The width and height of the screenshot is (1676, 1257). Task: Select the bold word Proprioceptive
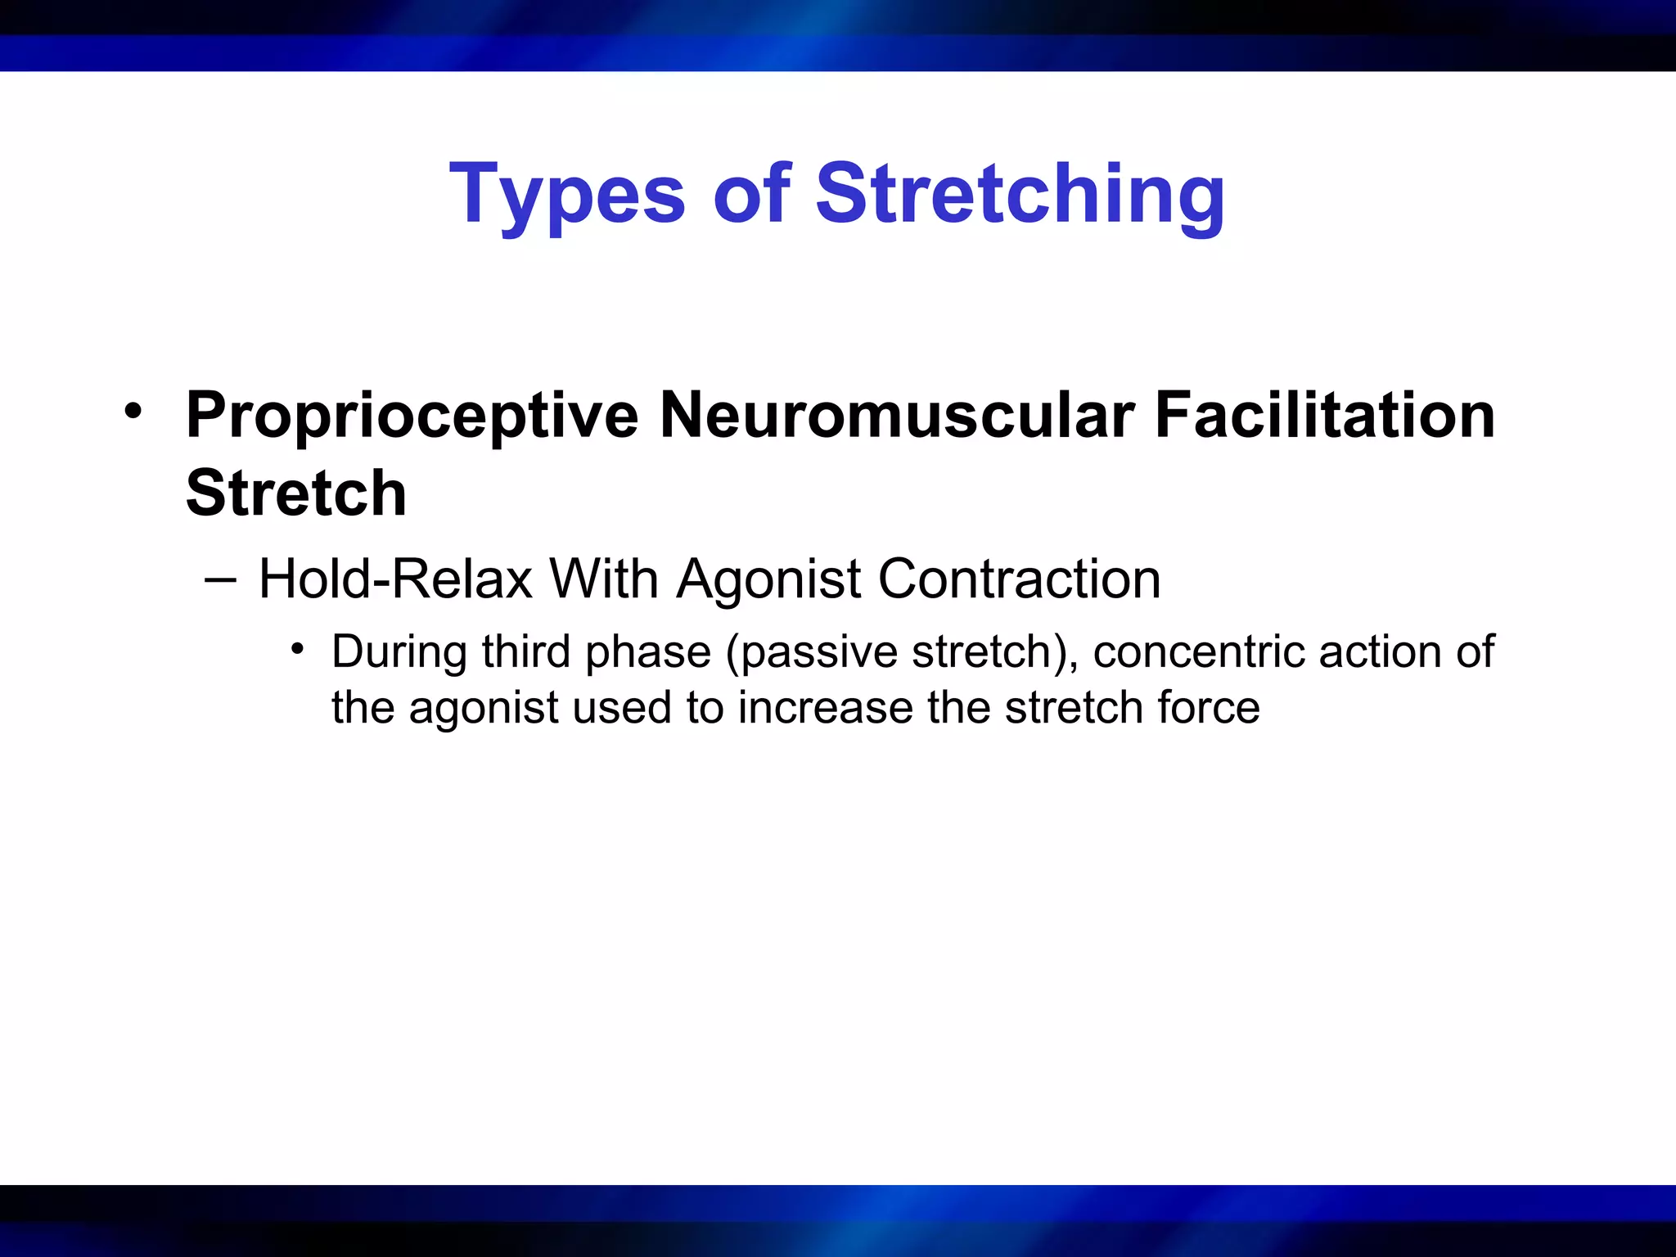pyautogui.click(x=412, y=416)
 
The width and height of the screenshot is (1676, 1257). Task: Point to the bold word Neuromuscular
pyautogui.click(x=897, y=416)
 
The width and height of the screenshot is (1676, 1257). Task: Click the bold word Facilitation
pyautogui.click(x=1324, y=416)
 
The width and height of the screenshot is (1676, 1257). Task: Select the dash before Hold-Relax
pyautogui.click(x=221, y=579)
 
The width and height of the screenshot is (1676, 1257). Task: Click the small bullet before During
pyautogui.click(x=298, y=650)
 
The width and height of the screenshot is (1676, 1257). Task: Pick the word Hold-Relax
pyautogui.click(x=395, y=579)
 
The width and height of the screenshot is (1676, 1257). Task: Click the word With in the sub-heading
pyautogui.click(x=604, y=579)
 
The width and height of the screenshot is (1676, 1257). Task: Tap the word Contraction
pyautogui.click(x=1019, y=579)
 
